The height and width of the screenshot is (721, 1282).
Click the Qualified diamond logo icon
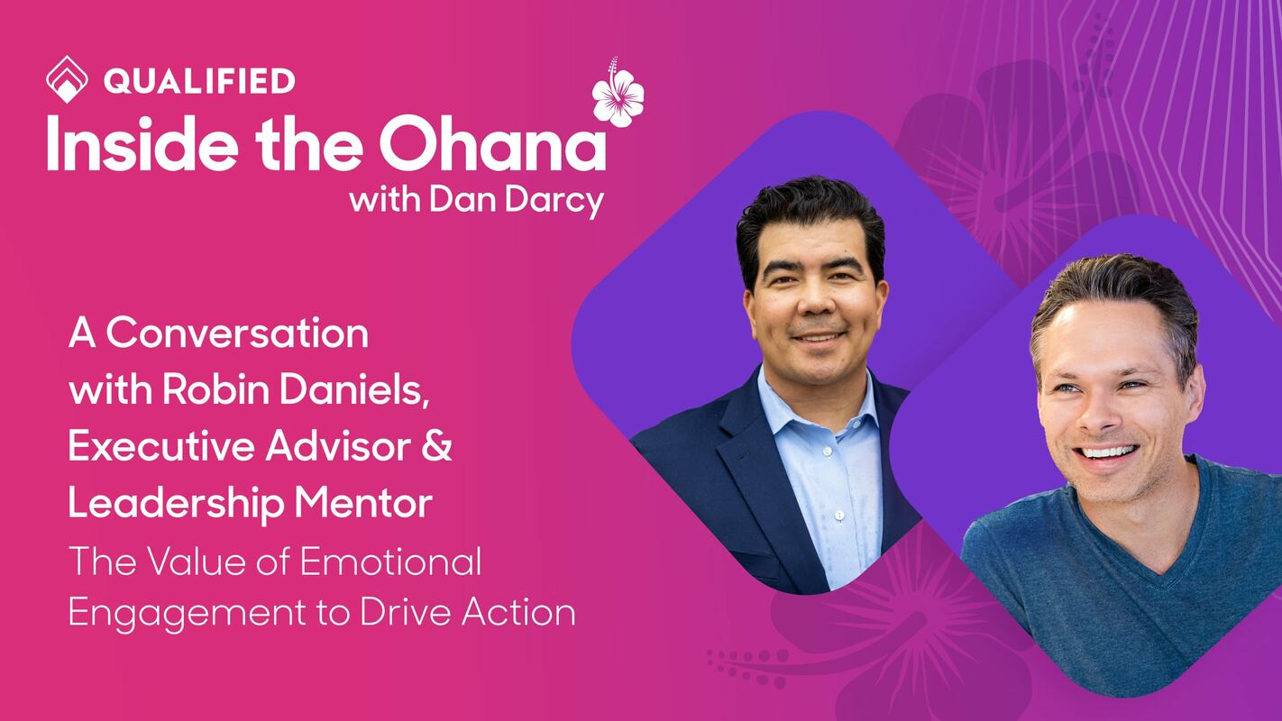pyautogui.click(x=67, y=79)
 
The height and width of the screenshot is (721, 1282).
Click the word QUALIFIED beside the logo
pyautogui.click(x=199, y=81)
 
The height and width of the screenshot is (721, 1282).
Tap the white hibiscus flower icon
pyautogui.click(x=618, y=93)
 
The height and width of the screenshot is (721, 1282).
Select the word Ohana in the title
pyautogui.click(x=492, y=144)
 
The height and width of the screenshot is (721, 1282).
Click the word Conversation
pyautogui.click(x=237, y=334)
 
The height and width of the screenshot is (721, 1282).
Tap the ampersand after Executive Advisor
pyautogui.click(x=437, y=448)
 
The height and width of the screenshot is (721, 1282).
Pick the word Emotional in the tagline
pyautogui.click(x=390, y=562)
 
